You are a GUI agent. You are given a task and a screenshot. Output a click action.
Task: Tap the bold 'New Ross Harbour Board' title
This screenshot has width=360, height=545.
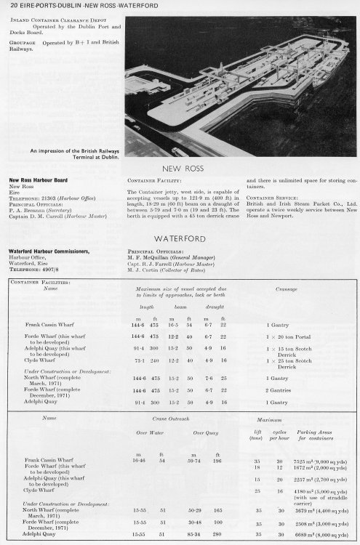coord(39,178)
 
